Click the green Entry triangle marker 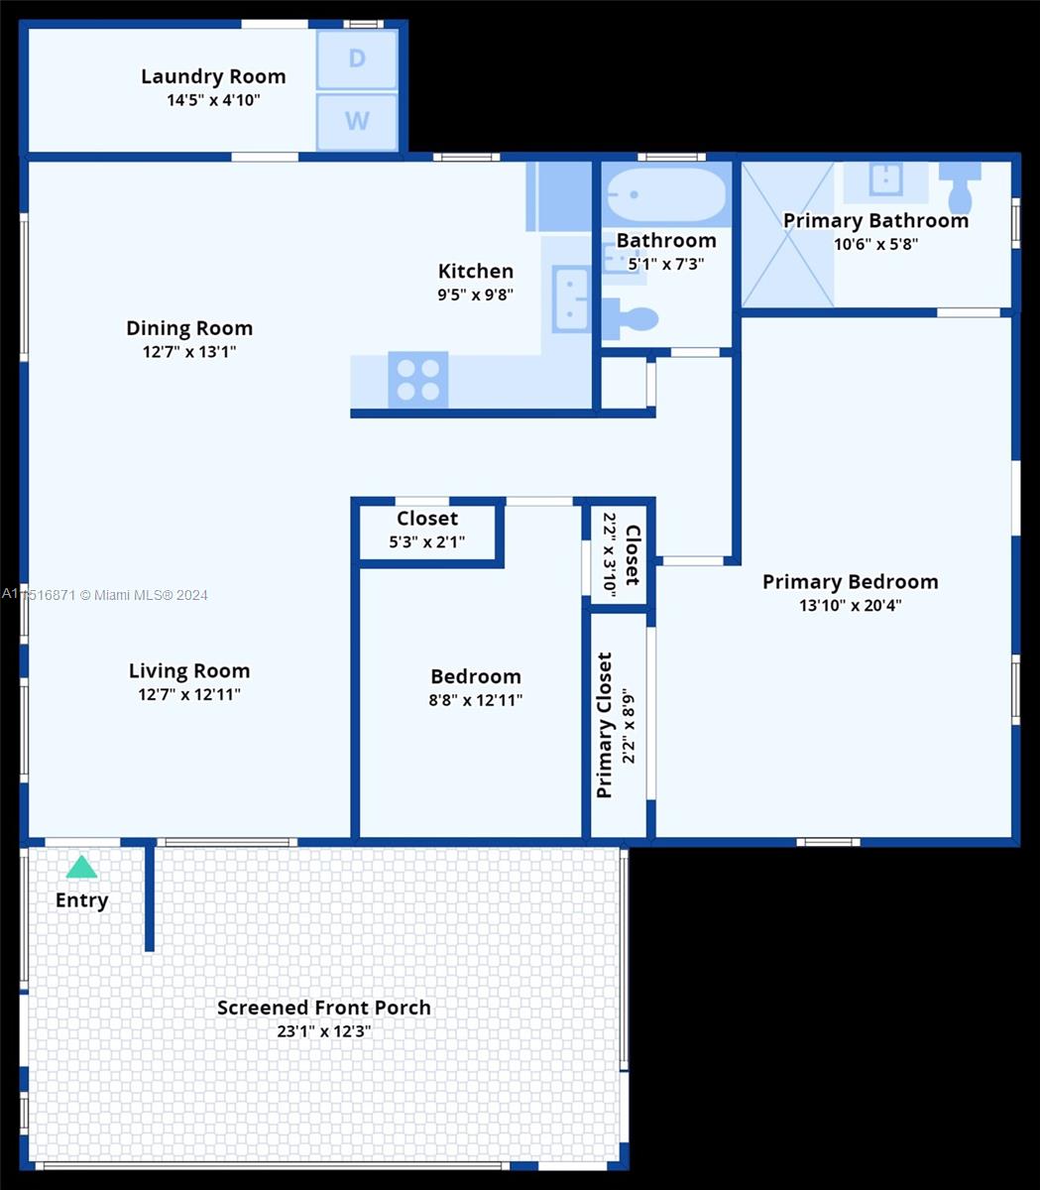pyautogui.click(x=81, y=867)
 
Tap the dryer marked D pyautogui.click(x=357, y=59)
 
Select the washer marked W pyautogui.click(x=357, y=121)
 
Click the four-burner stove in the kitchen pyautogui.click(x=418, y=379)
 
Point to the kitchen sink pyautogui.click(x=570, y=299)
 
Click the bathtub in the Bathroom pyautogui.click(x=666, y=194)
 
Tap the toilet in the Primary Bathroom pyautogui.click(x=960, y=187)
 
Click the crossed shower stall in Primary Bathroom pyautogui.click(x=788, y=234)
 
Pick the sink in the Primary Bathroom pyautogui.click(x=886, y=179)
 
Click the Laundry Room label pyautogui.click(x=213, y=76)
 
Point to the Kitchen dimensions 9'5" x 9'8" pyautogui.click(x=476, y=295)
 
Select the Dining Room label pyautogui.click(x=189, y=328)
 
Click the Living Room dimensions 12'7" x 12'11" pyautogui.click(x=189, y=694)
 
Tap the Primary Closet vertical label pyautogui.click(x=605, y=725)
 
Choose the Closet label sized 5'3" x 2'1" pyautogui.click(x=427, y=519)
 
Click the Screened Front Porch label pyautogui.click(x=324, y=1008)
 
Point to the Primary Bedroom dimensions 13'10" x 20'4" pyautogui.click(x=851, y=605)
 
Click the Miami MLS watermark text pyautogui.click(x=105, y=594)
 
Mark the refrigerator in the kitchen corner pyautogui.click(x=559, y=196)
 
